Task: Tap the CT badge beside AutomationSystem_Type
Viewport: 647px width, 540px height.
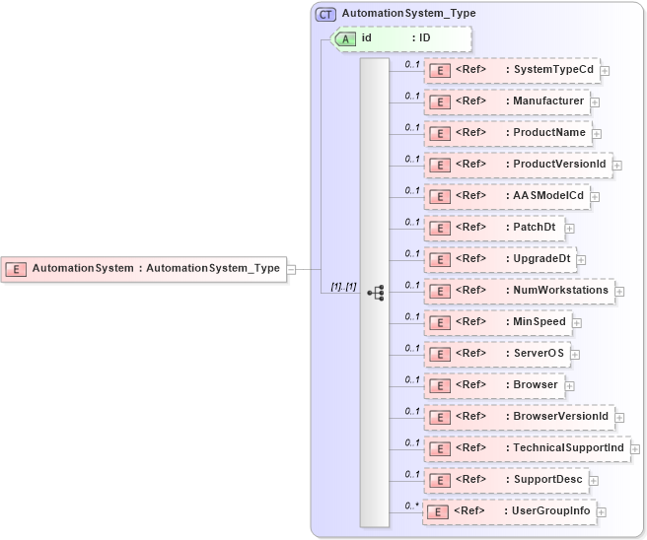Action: coord(325,14)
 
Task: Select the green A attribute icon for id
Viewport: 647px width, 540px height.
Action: coord(346,38)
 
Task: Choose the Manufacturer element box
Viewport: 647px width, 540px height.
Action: coord(508,101)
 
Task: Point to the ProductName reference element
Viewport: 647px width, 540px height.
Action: coord(508,133)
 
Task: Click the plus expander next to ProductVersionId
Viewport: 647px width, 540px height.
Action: coord(617,165)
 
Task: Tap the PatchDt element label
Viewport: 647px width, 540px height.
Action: coord(534,228)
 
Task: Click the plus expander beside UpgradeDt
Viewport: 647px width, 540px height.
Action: coord(582,259)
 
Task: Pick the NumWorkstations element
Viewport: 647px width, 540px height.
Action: coord(519,291)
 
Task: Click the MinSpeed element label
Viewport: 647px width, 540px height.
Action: coord(539,322)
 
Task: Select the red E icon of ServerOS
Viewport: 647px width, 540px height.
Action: coord(440,354)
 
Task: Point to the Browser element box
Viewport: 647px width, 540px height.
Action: coord(497,385)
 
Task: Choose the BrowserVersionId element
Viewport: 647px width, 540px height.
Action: coord(519,417)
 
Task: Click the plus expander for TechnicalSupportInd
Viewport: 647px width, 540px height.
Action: coord(635,448)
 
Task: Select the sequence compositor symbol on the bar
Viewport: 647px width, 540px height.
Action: coord(375,293)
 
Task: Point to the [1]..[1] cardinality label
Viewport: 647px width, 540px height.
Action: coord(343,286)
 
